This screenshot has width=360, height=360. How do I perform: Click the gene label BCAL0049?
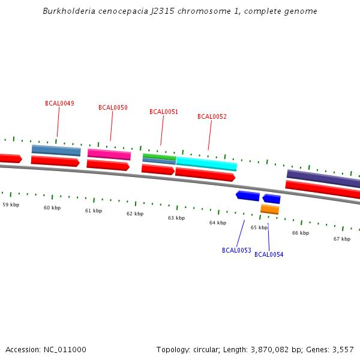click(59, 103)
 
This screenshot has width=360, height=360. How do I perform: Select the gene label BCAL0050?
click(113, 108)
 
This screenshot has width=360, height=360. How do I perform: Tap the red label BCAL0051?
click(164, 112)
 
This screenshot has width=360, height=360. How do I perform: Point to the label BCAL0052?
click(212, 116)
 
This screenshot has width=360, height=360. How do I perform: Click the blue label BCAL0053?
click(236, 250)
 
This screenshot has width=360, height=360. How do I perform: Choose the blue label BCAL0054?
click(269, 254)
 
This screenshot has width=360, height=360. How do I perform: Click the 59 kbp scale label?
click(11, 205)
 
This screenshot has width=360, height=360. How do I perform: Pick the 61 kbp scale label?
click(94, 211)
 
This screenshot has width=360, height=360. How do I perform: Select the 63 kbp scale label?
click(176, 218)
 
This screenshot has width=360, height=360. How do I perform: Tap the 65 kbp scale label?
click(259, 227)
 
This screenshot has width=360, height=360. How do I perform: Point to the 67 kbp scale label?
click(342, 239)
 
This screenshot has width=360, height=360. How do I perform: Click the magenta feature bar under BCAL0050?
click(109, 154)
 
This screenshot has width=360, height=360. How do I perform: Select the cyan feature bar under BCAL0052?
click(206, 163)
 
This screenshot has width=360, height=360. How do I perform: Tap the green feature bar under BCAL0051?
click(159, 156)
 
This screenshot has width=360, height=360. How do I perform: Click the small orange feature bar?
click(270, 209)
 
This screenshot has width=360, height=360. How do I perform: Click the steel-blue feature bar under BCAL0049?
click(56, 150)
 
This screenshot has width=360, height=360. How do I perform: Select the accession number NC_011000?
click(62, 349)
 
